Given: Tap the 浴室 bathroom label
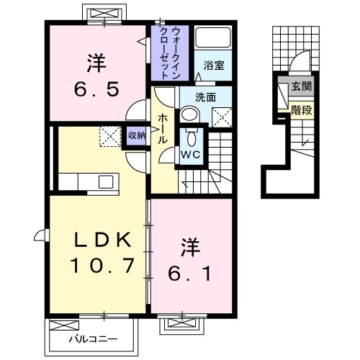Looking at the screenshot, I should point(215,64).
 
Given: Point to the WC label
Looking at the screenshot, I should point(189,155).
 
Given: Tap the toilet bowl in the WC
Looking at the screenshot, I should point(190,138).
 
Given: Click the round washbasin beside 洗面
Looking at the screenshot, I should point(189,114).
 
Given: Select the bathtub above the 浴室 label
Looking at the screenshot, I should point(214,40).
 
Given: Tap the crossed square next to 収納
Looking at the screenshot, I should point(110,135).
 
